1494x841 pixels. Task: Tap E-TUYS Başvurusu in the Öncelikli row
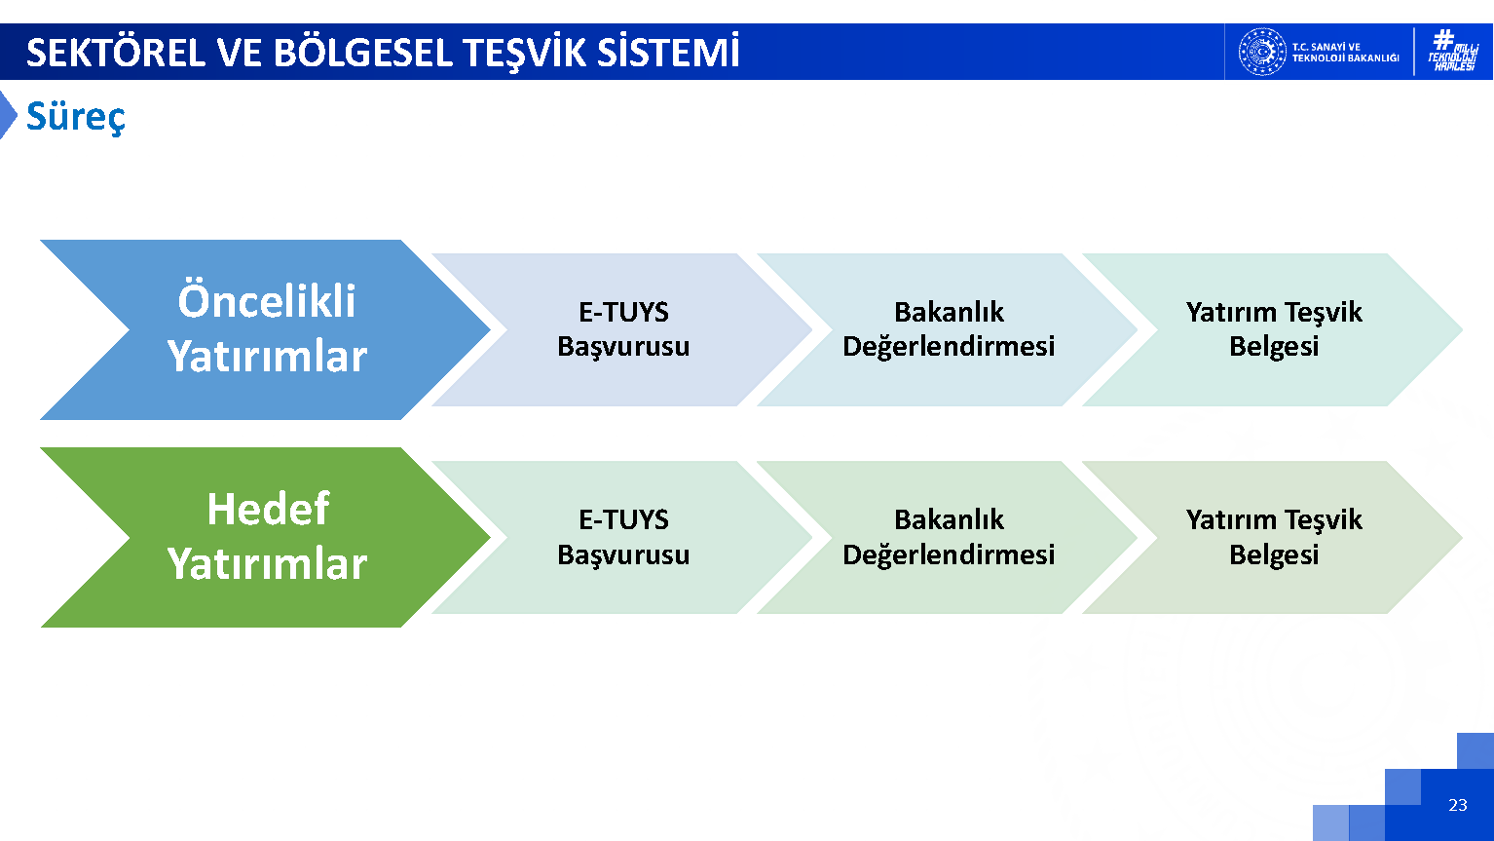click(623, 329)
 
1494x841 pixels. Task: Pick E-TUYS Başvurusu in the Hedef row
click(623, 537)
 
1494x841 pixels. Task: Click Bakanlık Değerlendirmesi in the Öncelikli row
click(949, 329)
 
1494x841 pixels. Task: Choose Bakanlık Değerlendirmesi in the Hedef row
click(949, 537)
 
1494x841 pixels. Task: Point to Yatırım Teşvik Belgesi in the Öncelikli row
click(1274, 329)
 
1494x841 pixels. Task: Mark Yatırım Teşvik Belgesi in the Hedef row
click(1274, 537)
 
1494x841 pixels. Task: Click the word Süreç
click(75, 117)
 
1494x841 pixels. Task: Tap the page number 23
click(1457, 805)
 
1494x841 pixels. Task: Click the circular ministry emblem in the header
click(1262, 52)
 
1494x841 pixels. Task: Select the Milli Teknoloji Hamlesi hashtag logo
click(1453, 50)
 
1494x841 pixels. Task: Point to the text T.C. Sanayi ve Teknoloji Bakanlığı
click(1345, 52)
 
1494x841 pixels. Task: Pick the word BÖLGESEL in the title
click(363, 53)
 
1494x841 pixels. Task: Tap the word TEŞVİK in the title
click(525, 53)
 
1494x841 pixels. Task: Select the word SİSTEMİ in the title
click(668, 52)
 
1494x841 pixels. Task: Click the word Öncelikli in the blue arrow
click(267, 301)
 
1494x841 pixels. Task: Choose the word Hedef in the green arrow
click(268, 509)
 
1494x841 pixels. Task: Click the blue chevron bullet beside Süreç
click(8, 115)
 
